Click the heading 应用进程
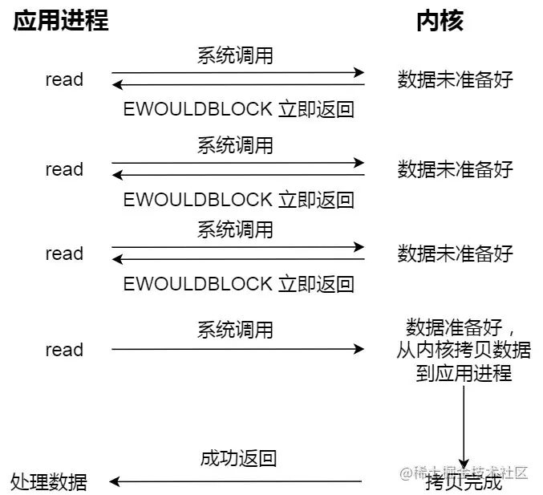[61, 21]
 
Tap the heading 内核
[440, 21]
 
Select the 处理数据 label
[48, 482]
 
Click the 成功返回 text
[238, 458]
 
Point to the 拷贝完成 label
[464, 482]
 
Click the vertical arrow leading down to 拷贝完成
[464, 427]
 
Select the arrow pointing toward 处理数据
[236, 481]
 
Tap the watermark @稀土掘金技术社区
[464, 473]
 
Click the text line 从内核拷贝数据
[464, 350]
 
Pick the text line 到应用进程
[464, 373]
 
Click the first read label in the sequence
[64, 79]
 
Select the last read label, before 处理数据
[64, 350]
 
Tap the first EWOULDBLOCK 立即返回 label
[238, 109]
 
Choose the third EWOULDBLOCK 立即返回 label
[238, 284]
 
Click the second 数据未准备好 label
[455, 169]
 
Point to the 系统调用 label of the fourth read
[235, 330]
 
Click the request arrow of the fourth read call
[237, 349]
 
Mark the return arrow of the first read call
[238, 84]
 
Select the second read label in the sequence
[64, 169]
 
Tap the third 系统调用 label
[235, 229]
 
